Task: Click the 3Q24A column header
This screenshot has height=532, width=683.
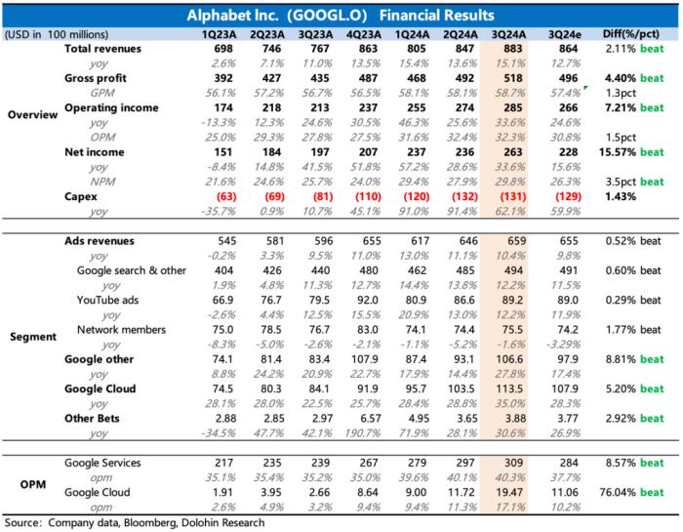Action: pyautogui.click(x=508, y=34)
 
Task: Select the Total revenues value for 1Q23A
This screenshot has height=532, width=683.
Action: pyautogui.click(x=223, y=49)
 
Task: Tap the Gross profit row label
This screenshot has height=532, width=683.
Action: pyautogui.click(x=96, y=78)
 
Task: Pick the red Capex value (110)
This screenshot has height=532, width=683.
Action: pyautogui.click(x=368, y=196)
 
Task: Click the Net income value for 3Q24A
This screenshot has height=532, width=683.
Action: pyautogui.click(x=512, y=152)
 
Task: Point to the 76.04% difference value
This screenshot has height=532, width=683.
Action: pyautogui.click(x=618, y=492)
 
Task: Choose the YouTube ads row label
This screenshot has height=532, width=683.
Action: pyautogui.click(x=107, y=301)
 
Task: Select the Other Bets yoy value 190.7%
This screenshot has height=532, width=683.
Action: pyautogui.click(x=363, y=433)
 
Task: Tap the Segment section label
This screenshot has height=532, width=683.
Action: pyautogui.click(x=33, y=337)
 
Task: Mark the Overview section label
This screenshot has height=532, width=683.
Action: pyautogui.click(x=32, y=114)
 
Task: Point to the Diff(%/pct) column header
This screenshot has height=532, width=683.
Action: pyautogui.click(x=631, y=34)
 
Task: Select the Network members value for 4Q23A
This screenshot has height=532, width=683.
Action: pyautogui.click(x=368, y=330)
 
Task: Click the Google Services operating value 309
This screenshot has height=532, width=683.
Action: pyautogui.click(x=513, y=463)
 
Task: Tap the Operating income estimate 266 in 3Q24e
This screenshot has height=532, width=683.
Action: pyautogui.click(x=569, y=108)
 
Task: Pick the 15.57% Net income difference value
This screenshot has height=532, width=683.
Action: pyautogui.click(x=618, y=152)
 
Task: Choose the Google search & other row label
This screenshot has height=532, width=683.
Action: pyautogui.click(x=132, y=270)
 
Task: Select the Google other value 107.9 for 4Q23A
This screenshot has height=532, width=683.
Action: pyautogui.click(x=365, y=359)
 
